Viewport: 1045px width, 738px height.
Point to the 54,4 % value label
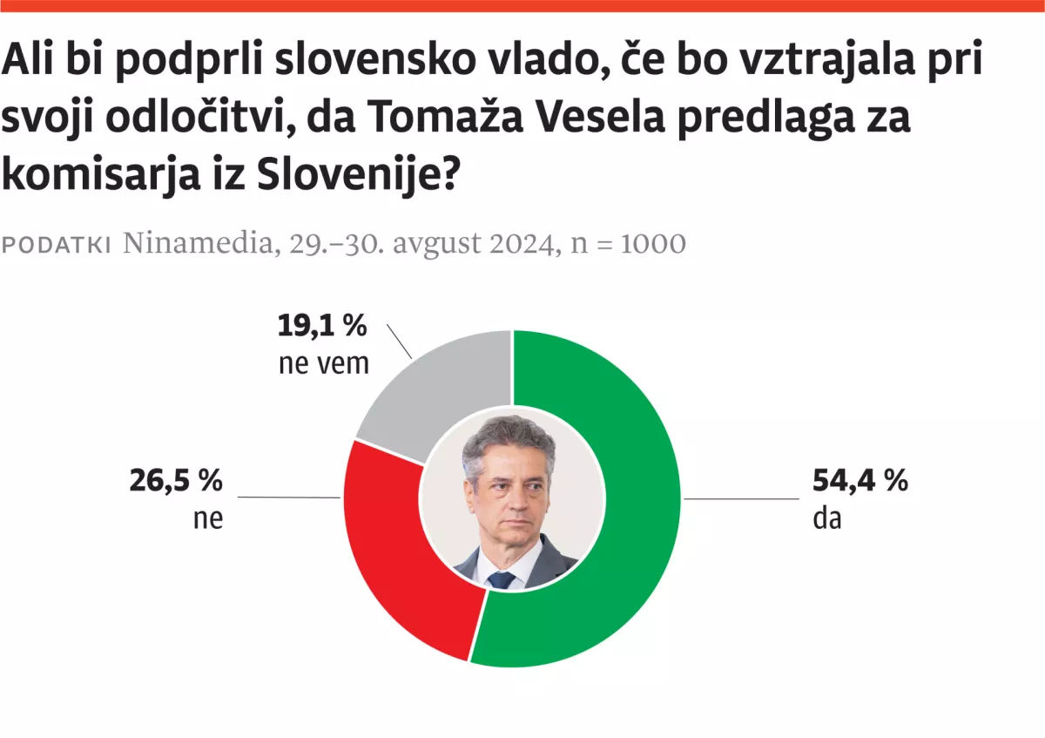(x=860, y=480)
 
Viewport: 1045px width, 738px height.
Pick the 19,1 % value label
(x=322, y=326)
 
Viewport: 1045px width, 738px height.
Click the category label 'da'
(x=826, y=519)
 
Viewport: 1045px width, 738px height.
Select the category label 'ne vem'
(x=324, y=362)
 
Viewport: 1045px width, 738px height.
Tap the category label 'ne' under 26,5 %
(x=208, y=519)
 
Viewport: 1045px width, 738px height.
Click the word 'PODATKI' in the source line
(x=57, y=245)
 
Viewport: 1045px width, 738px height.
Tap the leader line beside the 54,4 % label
(x=741, y=498)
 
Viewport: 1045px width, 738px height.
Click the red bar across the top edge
(x=522, y=6)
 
